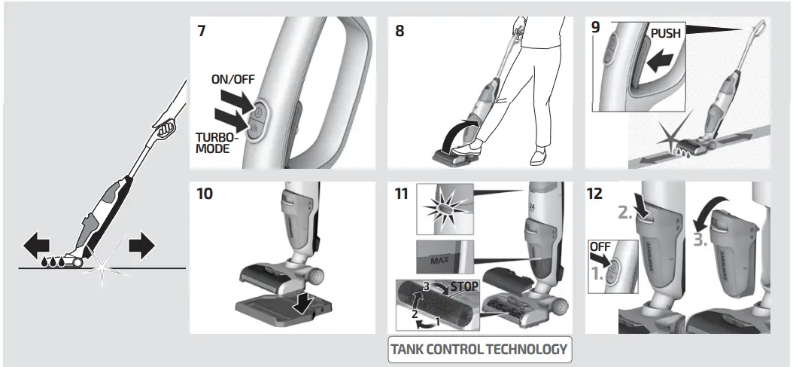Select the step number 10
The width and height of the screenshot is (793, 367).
click(x=203, y=193)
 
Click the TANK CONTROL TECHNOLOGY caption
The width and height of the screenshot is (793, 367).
click(x=479, y=349)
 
